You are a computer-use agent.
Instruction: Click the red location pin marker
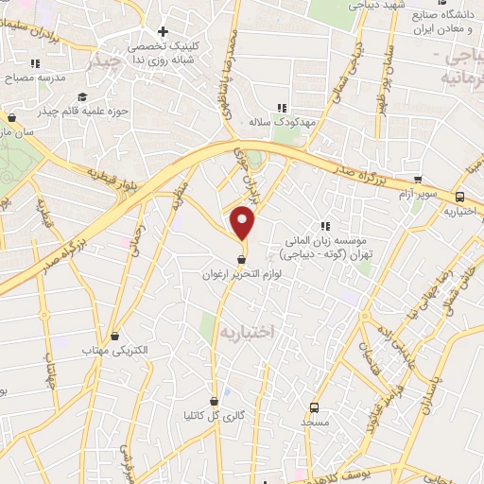coord(244,223)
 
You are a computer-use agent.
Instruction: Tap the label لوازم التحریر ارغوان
coord(242,273)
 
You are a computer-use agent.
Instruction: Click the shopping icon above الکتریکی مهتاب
coord(115,335)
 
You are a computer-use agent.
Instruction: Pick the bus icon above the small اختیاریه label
coord(459,197)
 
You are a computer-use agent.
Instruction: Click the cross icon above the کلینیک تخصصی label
coord(164,31)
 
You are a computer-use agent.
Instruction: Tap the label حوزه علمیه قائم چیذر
coord(82,112)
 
